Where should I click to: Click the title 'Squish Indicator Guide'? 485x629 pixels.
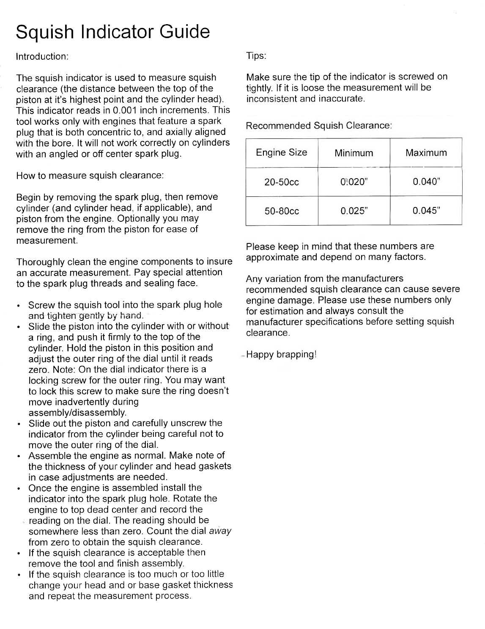pos(112,32)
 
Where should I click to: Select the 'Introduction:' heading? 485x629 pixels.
pos(42,57)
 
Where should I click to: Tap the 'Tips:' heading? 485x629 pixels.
pos(256,56)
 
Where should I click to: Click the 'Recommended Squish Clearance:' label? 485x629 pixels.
pos(319,126)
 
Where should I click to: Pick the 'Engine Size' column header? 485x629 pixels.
pos(282,152)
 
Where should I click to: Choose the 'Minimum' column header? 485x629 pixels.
pos(353,153)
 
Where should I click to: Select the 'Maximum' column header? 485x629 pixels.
pos(426,153)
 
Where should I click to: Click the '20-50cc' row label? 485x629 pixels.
pos(282,182)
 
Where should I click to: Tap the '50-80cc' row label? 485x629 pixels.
pos(282,211)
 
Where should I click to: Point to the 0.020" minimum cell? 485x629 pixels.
pos(354,182)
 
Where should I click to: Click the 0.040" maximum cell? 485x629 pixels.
pos(426,182)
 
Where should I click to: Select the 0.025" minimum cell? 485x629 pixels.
pos(354,211)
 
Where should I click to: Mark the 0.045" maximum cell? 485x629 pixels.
pos(426,211)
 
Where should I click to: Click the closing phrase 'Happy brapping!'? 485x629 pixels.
pos(281,354)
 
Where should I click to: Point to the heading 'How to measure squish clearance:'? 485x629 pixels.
pos(90,176)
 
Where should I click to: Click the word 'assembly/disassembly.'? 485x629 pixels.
pos(77,412)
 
